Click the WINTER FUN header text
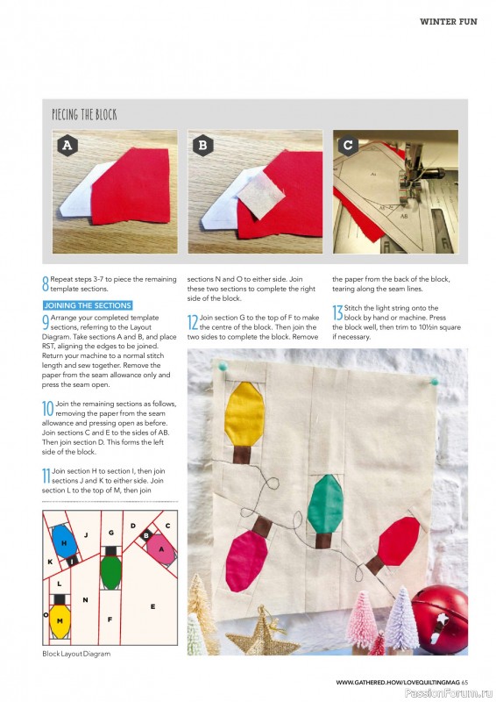coord(448,21)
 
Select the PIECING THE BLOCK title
coord(84,115)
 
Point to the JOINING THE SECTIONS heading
coord(88,305)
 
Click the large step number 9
coord(46,321)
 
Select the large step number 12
coord(193,322)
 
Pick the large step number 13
coord(337,312)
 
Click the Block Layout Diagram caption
coord(76,654)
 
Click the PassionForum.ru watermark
coord(455,693)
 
